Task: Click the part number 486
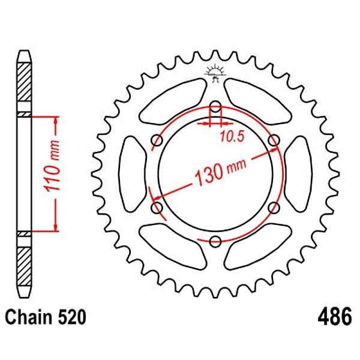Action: click(x=335, y=316)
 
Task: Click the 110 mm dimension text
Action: click(x=53, y=166)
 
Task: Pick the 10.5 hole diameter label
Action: click(x=232, y=137)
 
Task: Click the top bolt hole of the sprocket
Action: click(x=215, y=107)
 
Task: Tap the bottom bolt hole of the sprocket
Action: click(x=215, y=242)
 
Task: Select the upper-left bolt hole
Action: click(x=157, y=140)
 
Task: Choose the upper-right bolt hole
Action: click(x=274, y=140)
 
